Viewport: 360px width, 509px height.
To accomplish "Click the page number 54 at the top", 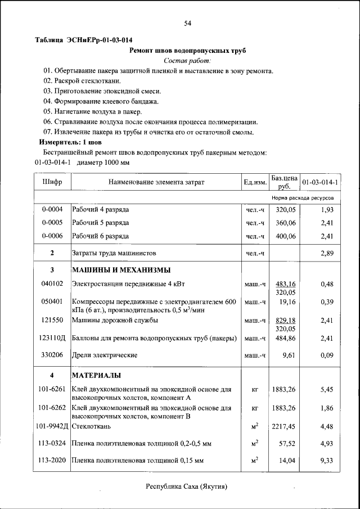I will [x=188, y=23].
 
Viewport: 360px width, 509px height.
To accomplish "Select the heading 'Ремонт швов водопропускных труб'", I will [x=188, y=51].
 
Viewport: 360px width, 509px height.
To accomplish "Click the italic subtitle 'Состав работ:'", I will [x=188, y=61].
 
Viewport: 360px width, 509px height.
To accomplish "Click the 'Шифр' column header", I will [x=52, y=182].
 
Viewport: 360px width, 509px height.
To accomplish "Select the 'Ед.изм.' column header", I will [x=255, y=182].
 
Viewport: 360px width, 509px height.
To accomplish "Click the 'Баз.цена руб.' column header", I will [x=284, y=182].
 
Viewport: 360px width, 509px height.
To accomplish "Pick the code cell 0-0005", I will [x=52, y=223].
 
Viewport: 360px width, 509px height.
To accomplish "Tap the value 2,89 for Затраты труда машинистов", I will [x=327, y=254].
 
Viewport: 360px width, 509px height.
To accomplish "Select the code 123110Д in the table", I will [x=52, y=339].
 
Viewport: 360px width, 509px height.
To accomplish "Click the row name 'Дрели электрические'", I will [x=104, y=355].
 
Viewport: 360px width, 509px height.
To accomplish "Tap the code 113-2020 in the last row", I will [x=52, y=461].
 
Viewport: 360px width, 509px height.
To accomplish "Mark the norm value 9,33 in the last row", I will [x=327, y=461].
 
